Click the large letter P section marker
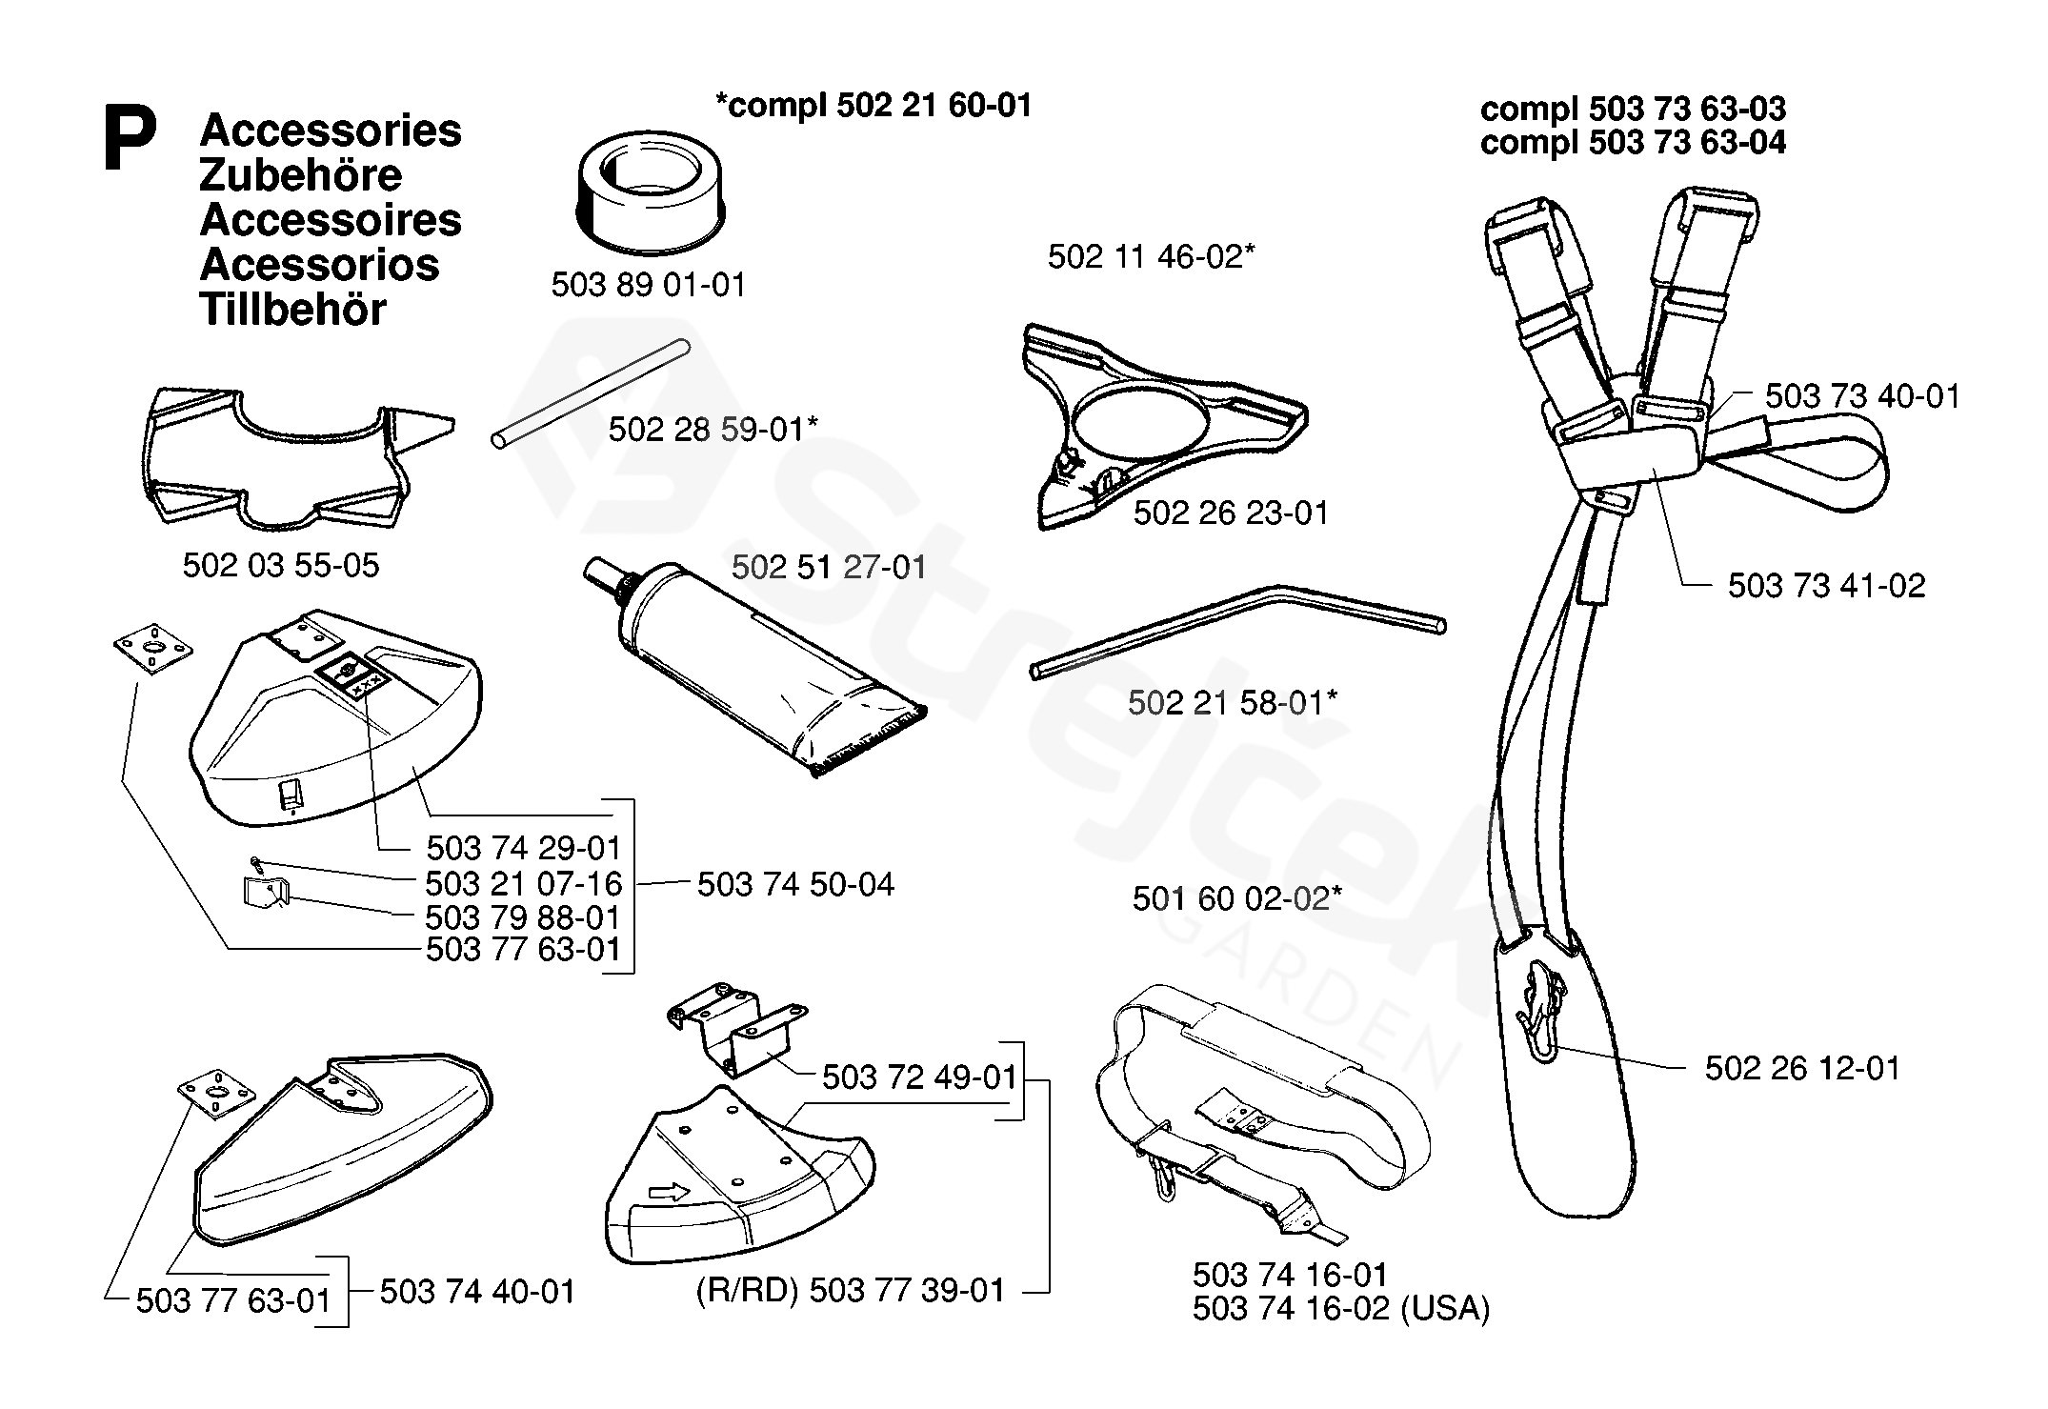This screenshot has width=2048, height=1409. click(x=130, y=140)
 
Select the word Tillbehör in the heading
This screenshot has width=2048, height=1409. click(x=292, y=311)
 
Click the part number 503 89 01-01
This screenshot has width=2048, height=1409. click(x=648, y=285)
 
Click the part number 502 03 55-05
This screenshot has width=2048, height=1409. click(x=280, y=566)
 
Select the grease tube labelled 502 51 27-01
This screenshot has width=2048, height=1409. click(x=753, y=667)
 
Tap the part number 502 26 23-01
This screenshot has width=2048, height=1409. click(x=1230, y=513)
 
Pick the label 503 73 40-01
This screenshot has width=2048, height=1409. click(x=1862, y=396)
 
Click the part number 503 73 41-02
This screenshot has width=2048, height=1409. click(x=1826, y=586)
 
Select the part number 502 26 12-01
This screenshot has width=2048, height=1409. click(x=1802, y=1068)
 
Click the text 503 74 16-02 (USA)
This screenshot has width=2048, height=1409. click(x=1340, y=1309)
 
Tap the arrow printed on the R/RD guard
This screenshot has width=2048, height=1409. click(x=668, y=1192)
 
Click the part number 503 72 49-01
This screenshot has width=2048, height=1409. click(x=919, y=1077)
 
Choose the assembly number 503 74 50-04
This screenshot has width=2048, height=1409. click(x=795, y=885)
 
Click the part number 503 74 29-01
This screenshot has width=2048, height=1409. click(x=523, y=848)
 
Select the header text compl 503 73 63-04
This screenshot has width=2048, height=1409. click(x=1633, y=143)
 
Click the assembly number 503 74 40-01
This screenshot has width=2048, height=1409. click(x=477, y=1293)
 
